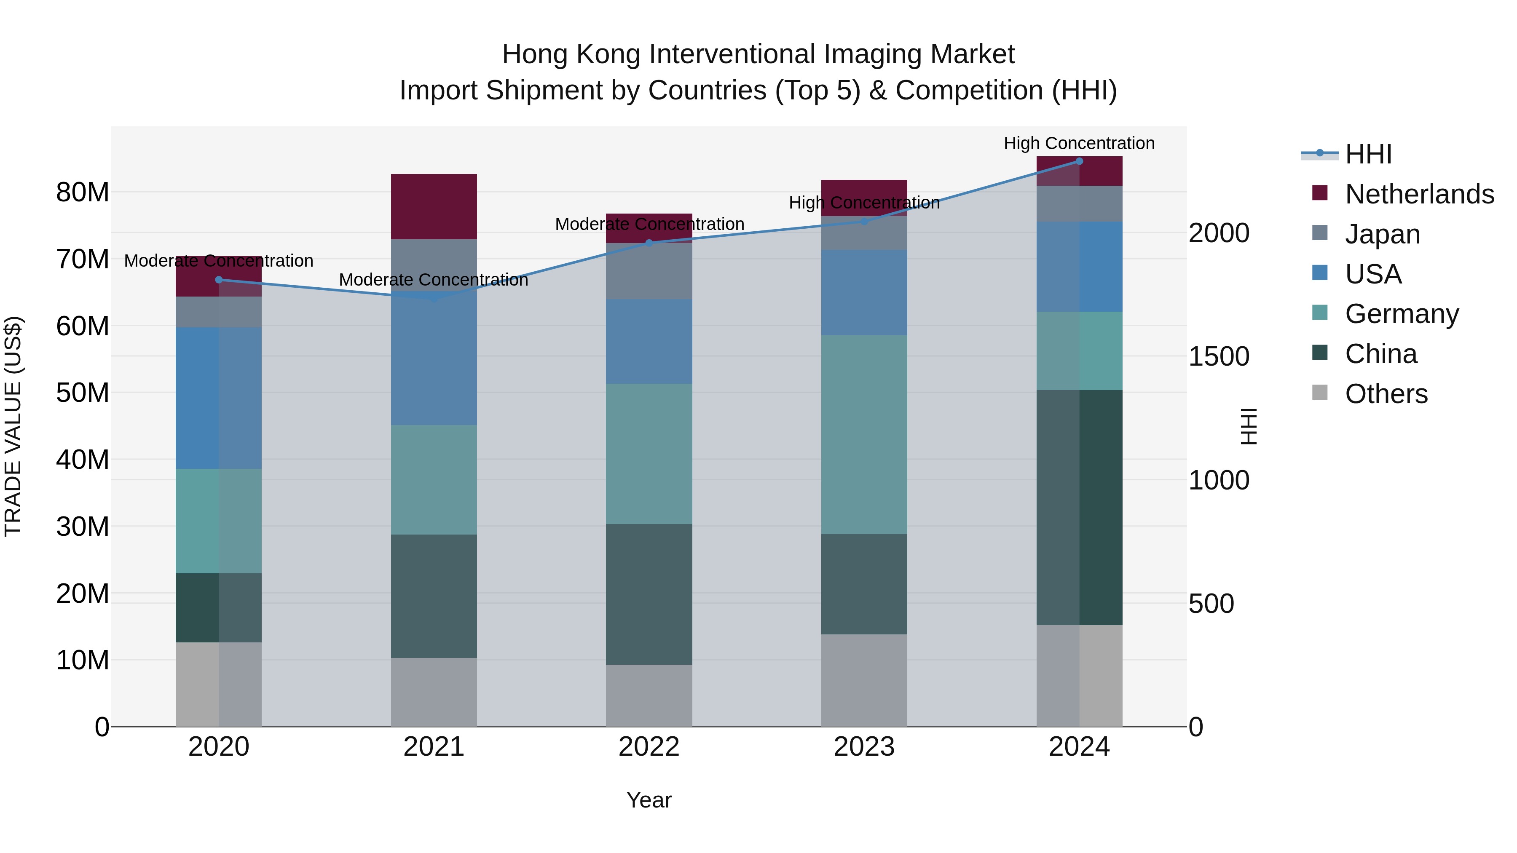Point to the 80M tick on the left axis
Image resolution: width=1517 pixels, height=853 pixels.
coord(83,193)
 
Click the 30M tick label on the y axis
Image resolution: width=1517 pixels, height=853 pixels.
coord(83,526)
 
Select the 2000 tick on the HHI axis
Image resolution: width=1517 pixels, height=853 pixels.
coord(1218,233)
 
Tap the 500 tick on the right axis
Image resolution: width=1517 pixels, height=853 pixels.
coord(1211,604)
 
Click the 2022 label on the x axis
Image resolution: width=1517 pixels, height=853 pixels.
coord(649,747)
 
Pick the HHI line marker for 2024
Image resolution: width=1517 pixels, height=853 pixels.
coord(1079,161)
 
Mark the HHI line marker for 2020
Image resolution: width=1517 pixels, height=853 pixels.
coord(218,280)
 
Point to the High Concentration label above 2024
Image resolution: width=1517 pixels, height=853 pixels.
coord(1079,143)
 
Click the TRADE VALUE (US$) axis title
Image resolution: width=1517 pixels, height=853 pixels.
coord(13,426)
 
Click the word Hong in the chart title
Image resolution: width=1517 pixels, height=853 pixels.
coord(535,54)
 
